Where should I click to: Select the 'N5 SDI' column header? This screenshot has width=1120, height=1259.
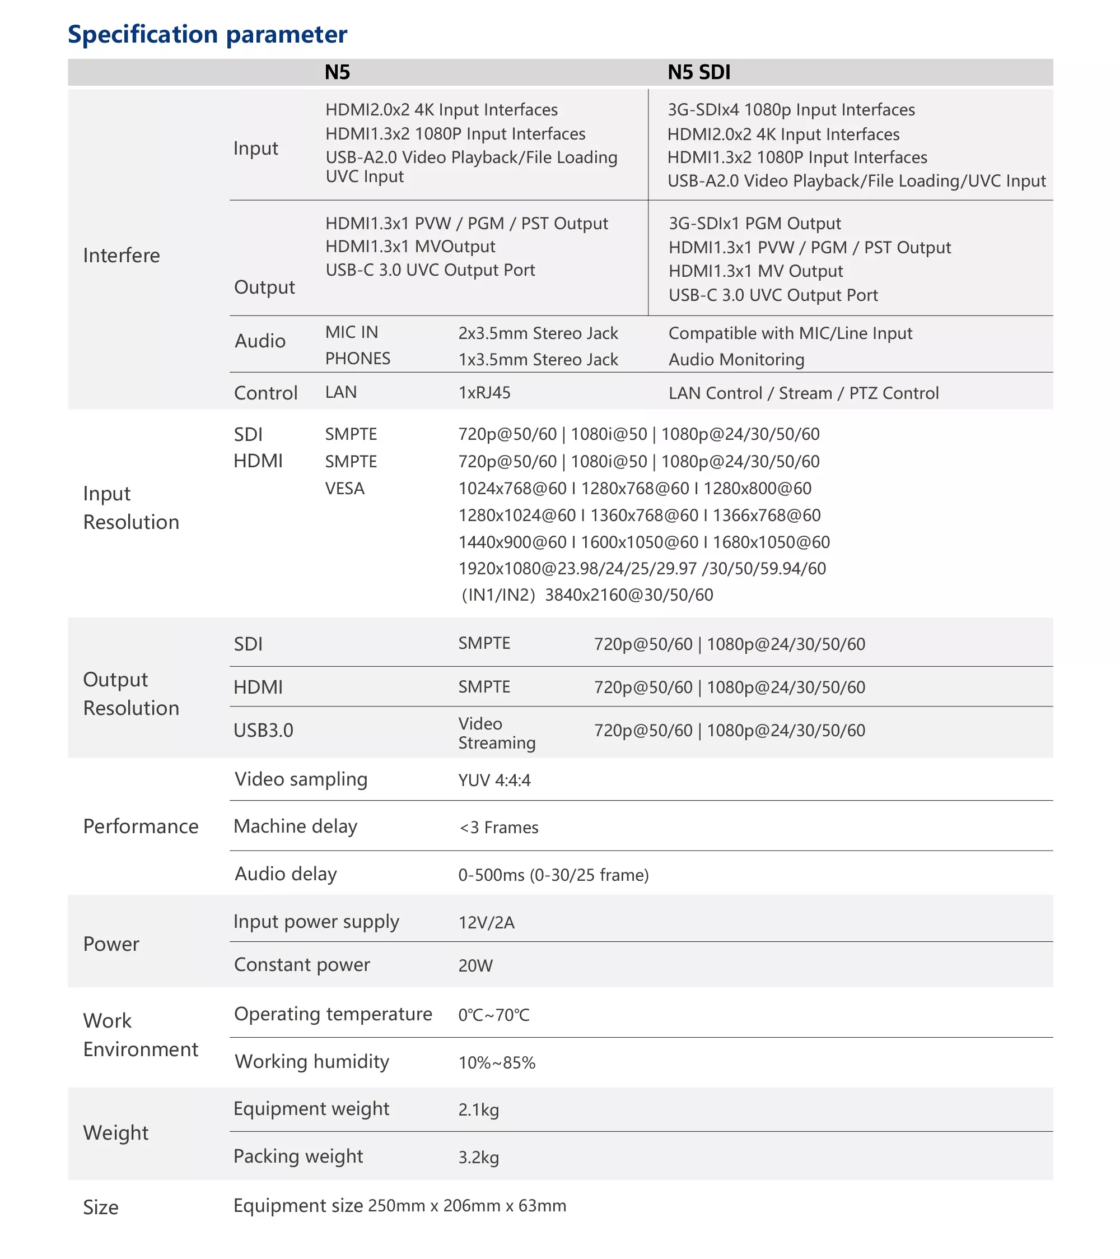[699, 73]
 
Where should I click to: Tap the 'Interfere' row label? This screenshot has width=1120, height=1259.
[122, 255]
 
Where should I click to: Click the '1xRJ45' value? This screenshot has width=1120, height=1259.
[484, 393]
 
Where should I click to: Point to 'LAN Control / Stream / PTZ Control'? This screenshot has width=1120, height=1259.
[804, 393]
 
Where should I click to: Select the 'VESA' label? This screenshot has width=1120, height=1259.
[345, 489]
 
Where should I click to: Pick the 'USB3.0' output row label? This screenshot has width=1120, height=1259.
[264, 731]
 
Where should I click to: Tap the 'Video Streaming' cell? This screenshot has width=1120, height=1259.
[496, 733]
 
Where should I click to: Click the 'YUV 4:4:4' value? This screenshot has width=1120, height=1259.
[494, 781]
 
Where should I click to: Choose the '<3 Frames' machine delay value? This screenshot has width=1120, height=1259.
[499, 828]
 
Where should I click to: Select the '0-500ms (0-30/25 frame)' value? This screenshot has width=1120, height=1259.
[553, 875]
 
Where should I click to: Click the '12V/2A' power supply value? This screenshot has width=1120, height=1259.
[486, 923]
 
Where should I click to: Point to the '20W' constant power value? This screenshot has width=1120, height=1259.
[475, 966]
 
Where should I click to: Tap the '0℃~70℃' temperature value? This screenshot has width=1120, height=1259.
[494, 1015]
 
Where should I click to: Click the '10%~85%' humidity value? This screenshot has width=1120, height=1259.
[496, 1063]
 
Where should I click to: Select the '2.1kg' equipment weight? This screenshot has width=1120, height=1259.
[478, 1110]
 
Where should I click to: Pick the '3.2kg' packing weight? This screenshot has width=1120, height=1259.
[478, 1158]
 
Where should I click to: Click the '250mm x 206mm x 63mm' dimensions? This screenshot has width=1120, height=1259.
[466, 1206]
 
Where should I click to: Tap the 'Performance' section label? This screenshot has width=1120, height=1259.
[141, 826]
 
